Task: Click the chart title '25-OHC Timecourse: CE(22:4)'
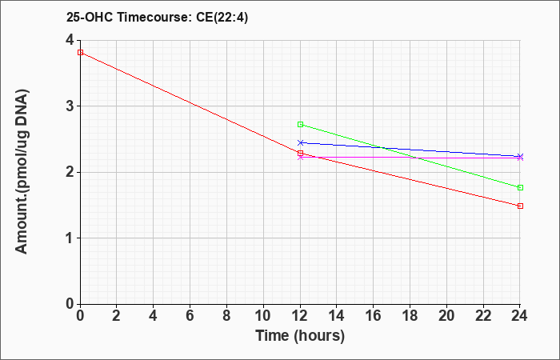[157, 17]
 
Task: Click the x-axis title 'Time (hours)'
[300, 336]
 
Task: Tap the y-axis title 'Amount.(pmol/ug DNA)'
[22, 172]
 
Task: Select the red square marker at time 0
[80, 53]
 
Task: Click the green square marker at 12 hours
[300, 124]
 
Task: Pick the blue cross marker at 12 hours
[300, 143]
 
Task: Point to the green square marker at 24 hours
[520, 187]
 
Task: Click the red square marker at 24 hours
[520, 206]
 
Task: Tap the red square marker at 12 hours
[300, 154]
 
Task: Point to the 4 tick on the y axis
[70, 40]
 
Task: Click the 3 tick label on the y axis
[70, 106]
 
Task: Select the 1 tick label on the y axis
[70, 238]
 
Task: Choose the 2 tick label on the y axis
[70, 172]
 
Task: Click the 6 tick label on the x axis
[190, 316]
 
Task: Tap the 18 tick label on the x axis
[410, 316]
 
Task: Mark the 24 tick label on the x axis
[520, 316]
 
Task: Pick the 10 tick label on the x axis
[263, 316]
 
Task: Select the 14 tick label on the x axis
[337, 316]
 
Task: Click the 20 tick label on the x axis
[446, 316]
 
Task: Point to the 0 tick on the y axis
[70, 304]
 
